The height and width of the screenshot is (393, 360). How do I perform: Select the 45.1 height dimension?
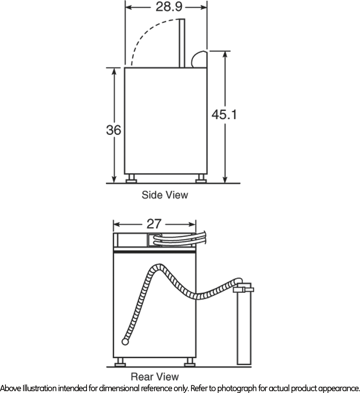[x=224, y=114]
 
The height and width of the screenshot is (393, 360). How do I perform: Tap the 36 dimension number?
[x=114, y=130]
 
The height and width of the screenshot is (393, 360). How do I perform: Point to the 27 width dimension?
[x=154, y=224]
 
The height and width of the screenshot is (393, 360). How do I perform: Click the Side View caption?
[x=165, y=195]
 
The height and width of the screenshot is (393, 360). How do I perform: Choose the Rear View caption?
[x=155, y=376]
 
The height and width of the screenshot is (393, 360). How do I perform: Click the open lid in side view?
[x=182, y=43]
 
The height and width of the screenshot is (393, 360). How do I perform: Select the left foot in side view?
[x=131, y=178]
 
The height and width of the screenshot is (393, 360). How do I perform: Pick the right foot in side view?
[x=201, y=178]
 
